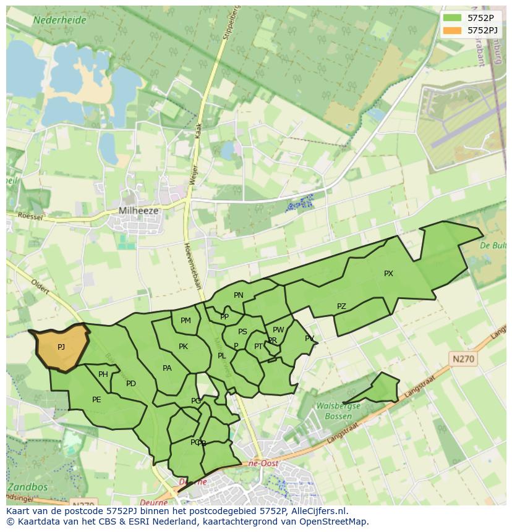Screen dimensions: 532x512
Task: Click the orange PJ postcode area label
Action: coord(61,347)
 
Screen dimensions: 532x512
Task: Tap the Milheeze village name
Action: coord(139,211)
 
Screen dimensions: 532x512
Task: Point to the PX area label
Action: coord(388,274)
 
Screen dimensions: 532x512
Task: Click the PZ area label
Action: coord(341,306)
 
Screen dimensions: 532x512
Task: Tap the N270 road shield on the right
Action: coord(464,358)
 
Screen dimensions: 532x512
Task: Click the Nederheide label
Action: coord(60,20)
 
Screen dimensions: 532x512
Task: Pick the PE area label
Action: coord(96,400)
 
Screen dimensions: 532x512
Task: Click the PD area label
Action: coord(131,384)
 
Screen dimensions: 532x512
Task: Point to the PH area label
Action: coord(103,374)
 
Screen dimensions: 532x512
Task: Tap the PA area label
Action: coord(167,368)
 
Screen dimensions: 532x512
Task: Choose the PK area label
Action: coord(183,347)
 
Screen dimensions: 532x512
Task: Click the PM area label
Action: coord(186,321)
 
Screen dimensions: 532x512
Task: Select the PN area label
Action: coord(239,295)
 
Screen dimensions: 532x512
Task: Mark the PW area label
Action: coord(278,330)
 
